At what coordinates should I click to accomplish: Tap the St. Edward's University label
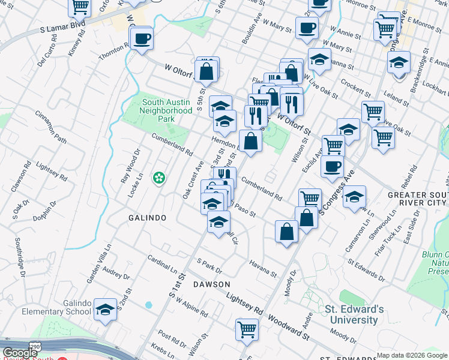tap(354, 314)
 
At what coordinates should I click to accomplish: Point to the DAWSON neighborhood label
tap(212, 284)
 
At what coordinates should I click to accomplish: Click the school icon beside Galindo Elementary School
tap(106, 310)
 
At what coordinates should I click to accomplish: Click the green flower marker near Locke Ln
tap(159, 178)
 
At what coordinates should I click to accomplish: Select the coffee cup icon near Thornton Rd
tap(142, 40)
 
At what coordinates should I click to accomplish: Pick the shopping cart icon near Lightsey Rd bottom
tap(247, 329)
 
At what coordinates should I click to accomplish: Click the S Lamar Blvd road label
tap(62, 28)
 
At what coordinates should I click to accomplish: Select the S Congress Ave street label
tap(337, 192)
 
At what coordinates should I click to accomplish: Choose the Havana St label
tap(264, 271)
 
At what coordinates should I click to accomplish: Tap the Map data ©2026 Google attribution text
tap(411, 355)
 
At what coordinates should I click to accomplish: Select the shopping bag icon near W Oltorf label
tap(206, 71)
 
